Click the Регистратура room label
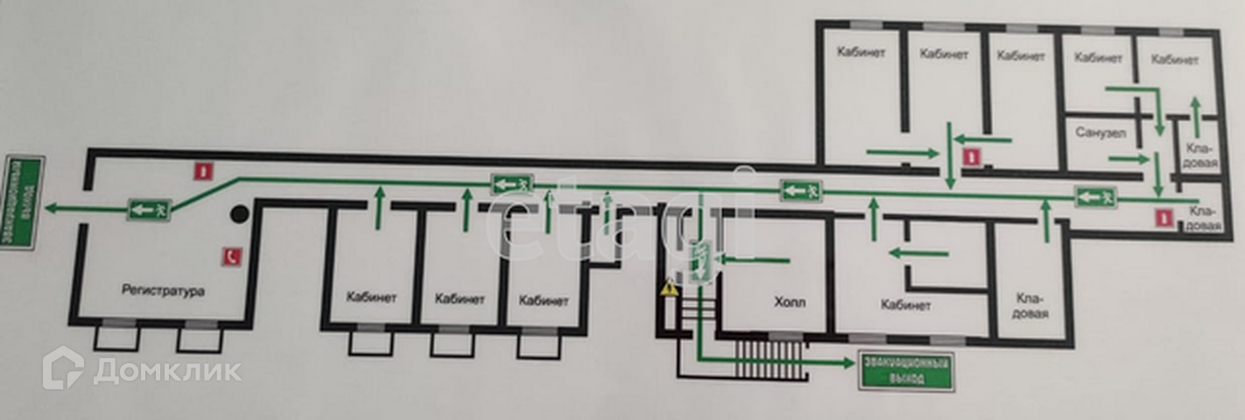point(163,290)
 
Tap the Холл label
point(789,303)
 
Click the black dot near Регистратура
point(237,212)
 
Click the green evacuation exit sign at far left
point(21,201)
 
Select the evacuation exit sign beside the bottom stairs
point(904,370)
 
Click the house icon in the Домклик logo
point(63,367)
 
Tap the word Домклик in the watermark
point(166,371)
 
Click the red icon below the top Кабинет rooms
point(970,157)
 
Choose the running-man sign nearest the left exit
point(149,208)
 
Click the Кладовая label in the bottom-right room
point(1030,305)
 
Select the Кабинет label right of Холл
point(906,305)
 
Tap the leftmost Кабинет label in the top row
point(861,52)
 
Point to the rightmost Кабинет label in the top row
point(1174,59)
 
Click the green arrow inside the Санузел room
point(1129,158)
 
